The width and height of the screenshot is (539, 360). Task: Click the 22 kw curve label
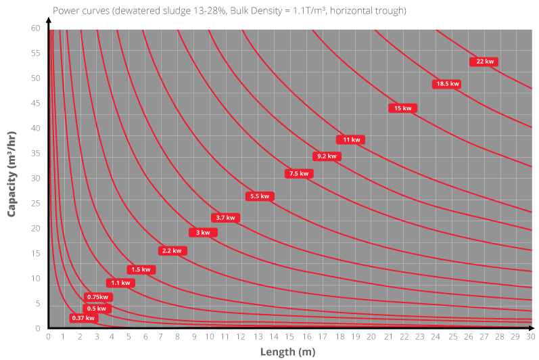485,62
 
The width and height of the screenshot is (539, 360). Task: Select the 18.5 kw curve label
447,84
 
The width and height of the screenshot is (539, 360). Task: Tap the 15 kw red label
402,108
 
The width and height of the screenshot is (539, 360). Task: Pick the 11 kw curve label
351,140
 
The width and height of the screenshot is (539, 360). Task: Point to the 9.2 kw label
327,156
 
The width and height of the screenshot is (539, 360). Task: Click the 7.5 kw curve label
298,174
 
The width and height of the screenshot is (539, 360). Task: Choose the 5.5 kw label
259,196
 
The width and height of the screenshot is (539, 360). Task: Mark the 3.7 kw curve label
225,218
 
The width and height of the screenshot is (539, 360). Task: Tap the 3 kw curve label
203,233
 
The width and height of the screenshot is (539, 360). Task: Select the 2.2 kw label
172,251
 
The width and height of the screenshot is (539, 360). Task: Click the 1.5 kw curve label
141,269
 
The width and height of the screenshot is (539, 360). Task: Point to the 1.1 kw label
120,283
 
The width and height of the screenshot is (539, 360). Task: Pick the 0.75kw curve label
98,297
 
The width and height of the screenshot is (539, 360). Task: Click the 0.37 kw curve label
83,318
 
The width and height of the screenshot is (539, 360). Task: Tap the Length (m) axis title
288,352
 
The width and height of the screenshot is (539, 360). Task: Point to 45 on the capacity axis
36,103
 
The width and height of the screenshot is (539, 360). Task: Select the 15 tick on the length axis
290,336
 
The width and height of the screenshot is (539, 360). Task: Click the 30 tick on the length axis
531,336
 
